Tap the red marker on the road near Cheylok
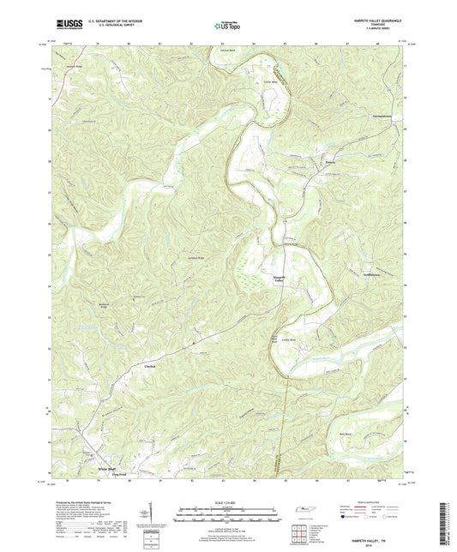click(195, 345)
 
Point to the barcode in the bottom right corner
click(445, 525)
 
